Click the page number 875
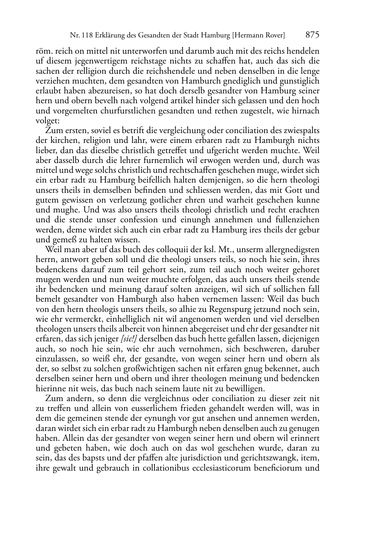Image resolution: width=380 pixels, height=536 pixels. [312, 35]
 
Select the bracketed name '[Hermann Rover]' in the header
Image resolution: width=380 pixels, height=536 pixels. [259, 36]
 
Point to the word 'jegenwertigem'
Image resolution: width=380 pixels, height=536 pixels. [78, 61]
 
